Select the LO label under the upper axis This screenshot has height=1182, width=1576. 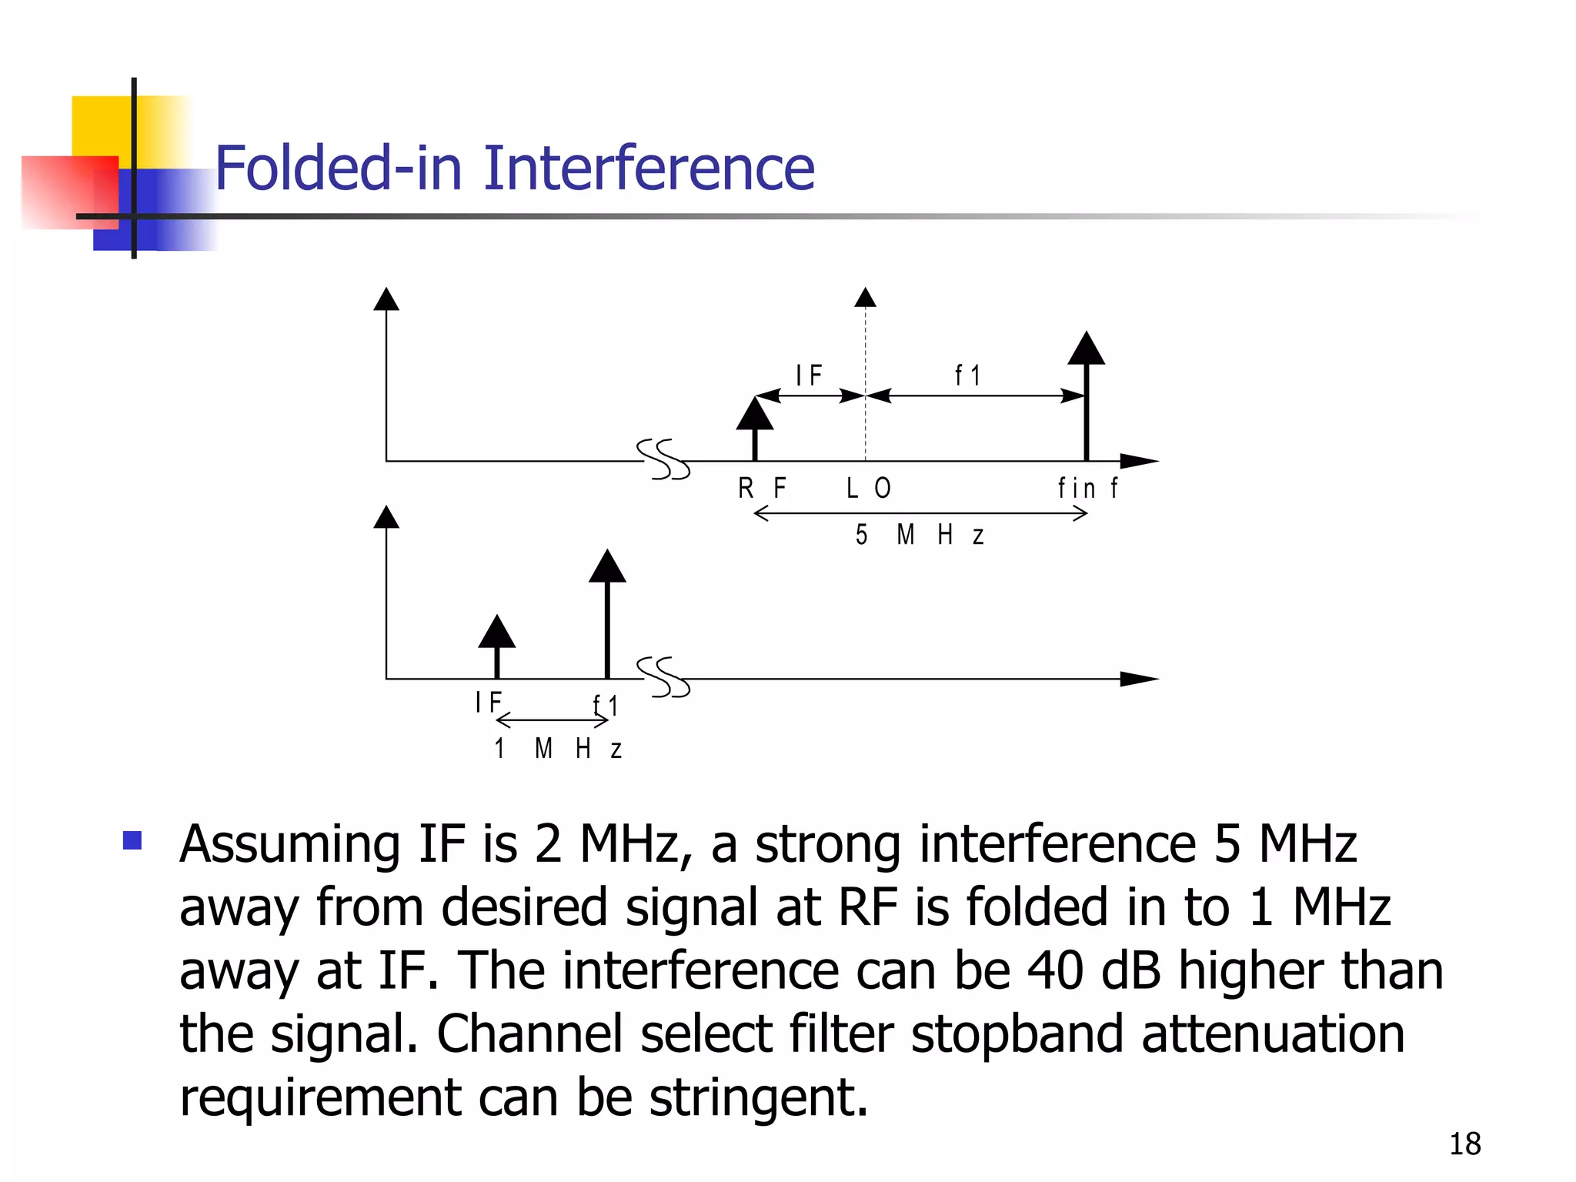[x=868, y=488]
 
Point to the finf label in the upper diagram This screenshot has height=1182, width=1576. [x=1087, y=488]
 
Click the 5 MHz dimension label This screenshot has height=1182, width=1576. [x=919, y=535]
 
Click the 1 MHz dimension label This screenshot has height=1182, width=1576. [x=557, y=749]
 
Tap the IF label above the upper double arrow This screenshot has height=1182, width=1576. [x=809, y=376]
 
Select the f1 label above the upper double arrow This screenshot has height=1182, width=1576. [x=967, y=376]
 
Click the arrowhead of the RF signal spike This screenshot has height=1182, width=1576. [x=754, y=416]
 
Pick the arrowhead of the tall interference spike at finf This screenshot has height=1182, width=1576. [x=1086, y=349]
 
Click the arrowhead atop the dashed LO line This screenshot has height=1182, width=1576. [x=866, y=298]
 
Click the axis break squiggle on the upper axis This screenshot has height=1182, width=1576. [x=663, y=459]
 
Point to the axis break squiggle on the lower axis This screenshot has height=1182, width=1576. [x=663, y=677]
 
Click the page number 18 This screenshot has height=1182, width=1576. [x=1464, y=1144]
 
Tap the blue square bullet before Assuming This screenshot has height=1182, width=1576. [x=132, y=840]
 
